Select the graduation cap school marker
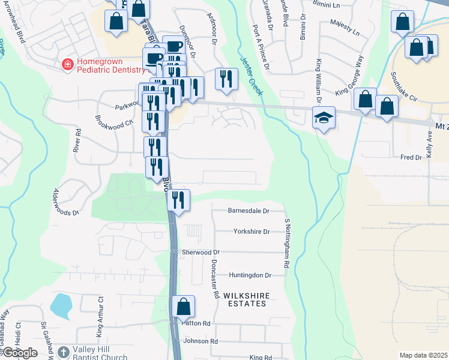tap(324, 118)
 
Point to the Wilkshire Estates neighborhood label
tap(245, 300)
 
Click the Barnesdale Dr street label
tap(249, 211)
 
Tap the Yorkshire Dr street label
tap(251, 231)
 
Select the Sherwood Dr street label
tap(201, 253)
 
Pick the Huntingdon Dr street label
tap(250, 275)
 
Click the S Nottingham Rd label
tap(288, 243)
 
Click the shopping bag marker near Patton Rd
tap(184, 307)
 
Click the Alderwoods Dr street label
tap(66, 202)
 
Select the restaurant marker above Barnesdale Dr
tap(178, 200)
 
